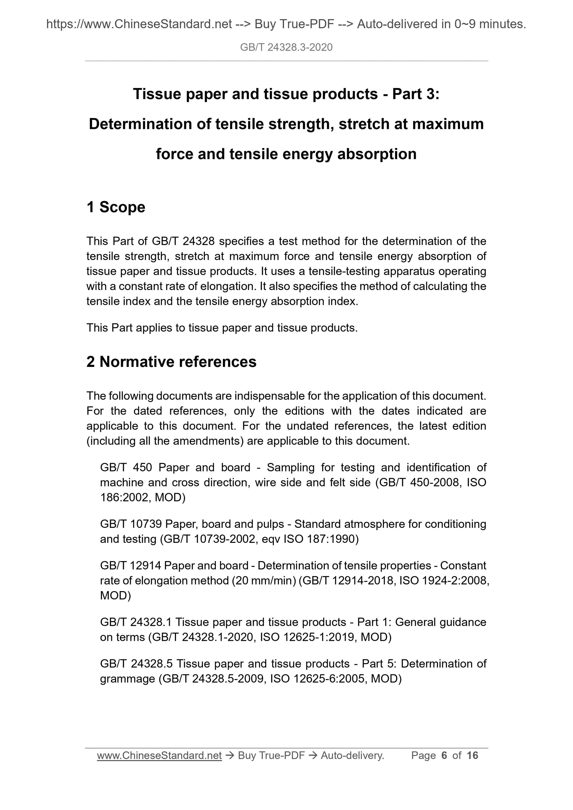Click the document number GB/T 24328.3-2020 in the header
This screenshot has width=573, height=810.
click(x=286, y=47)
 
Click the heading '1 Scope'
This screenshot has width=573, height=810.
click(x=116, y=207)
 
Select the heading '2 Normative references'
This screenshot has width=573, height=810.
click(x=171, y=362)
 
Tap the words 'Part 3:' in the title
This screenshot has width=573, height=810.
click(x=415, y=94)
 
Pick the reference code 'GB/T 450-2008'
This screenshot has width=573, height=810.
click(x=419, y=482)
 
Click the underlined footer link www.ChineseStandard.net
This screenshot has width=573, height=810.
click(x=159, y=755)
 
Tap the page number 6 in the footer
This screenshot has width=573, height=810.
click(x=444, y=755)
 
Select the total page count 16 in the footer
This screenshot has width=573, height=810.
click(x=472, y=755)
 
